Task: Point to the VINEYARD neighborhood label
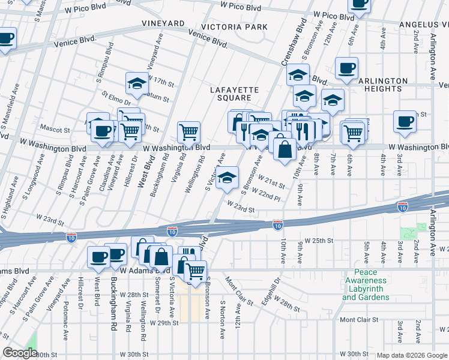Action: point(163,23)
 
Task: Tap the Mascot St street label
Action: point(55,128)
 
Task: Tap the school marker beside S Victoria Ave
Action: point(227,178)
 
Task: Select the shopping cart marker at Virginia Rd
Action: point(188,131)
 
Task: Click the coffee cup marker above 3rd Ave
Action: point(405,121)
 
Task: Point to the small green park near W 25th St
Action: point(414,231)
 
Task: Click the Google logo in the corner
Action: point(20,353)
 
